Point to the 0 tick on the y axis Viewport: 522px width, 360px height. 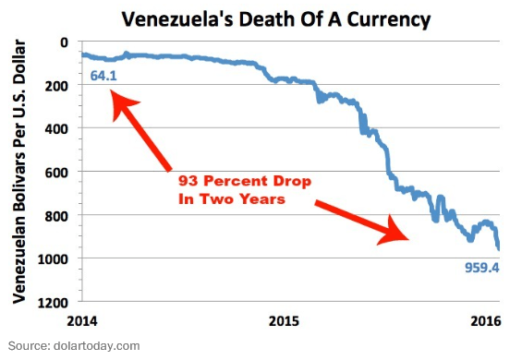(x=64, y=42)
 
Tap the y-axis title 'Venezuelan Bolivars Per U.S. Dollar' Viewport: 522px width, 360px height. (x=19, y=173)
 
